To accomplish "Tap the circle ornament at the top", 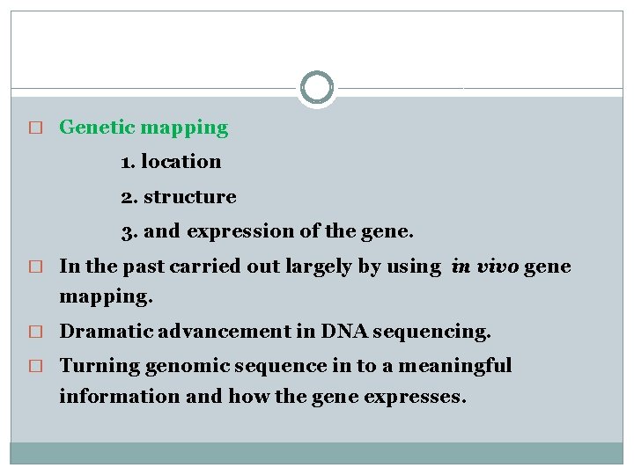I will click(317, 88).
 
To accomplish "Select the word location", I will click(181, 162).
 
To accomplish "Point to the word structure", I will click(189, 197).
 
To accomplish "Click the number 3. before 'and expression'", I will click(129, 231).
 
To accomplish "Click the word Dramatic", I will click(102, 332).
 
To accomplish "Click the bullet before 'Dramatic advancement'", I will click(36, 332).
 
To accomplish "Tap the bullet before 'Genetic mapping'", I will click(36, 128).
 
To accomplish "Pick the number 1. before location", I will click(129, 162).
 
